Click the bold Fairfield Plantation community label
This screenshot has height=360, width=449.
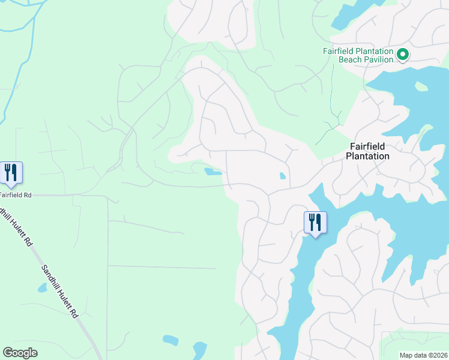[x=367, y=151]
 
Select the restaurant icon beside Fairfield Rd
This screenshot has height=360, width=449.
[x=11, y=172]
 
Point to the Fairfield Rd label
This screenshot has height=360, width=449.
[x=15, y=195]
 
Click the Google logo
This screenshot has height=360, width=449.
[x=20, y=353]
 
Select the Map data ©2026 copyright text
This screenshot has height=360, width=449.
[x=423, y=355]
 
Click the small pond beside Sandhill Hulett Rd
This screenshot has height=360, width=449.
[x=42, y=288]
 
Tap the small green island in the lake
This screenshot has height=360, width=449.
[x=421, y=86]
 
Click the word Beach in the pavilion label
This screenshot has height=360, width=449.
[x=349, y=59]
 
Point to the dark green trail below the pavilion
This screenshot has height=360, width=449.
[x=331, y=96]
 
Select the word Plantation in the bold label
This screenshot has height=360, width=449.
[x=367, y=156]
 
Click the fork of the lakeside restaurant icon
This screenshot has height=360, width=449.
[x=310, y=221]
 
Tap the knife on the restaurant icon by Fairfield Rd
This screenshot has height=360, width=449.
[x=14, y=172]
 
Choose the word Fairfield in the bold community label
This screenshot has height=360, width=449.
[x=367, y=146]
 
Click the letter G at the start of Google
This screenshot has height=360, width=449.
[x=7, y=353]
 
